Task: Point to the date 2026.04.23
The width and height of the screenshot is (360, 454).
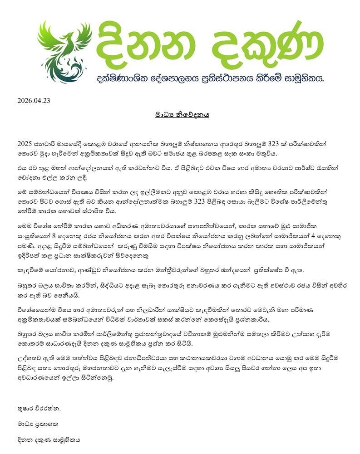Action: click(x=34, y=100)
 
